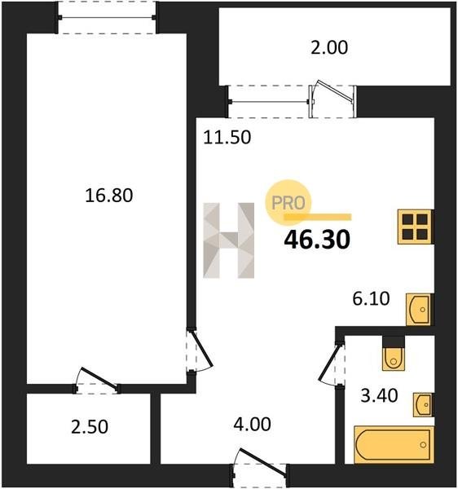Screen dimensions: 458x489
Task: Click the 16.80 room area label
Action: (x=109, y=196)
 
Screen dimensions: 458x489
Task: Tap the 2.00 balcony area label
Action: (x=329, y=48)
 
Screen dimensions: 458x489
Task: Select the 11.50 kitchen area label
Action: (x=227, y=137)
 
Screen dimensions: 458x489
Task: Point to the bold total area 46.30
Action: (x=317, y=240)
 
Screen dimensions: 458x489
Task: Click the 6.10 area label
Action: (x=371, y=298)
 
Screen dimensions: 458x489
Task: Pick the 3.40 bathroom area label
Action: (x=379, y=395)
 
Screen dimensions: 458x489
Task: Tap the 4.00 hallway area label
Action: (x=253, y=425)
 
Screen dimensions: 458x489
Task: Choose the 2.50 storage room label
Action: (x=90, y=427)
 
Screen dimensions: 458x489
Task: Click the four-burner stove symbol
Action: (x=416, y=227)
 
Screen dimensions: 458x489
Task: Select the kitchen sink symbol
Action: (x=419, y=310)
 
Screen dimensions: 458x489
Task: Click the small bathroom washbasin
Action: (x=424, y=404)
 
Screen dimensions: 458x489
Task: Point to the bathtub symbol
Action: (x=394, y=444)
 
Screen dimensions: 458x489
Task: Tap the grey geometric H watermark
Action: (x=228, y=240)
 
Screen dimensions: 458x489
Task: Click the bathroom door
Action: (x=332, y=364)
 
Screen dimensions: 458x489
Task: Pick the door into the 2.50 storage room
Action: (x=97, y=381)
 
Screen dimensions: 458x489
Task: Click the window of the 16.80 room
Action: (x=106, y=18)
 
